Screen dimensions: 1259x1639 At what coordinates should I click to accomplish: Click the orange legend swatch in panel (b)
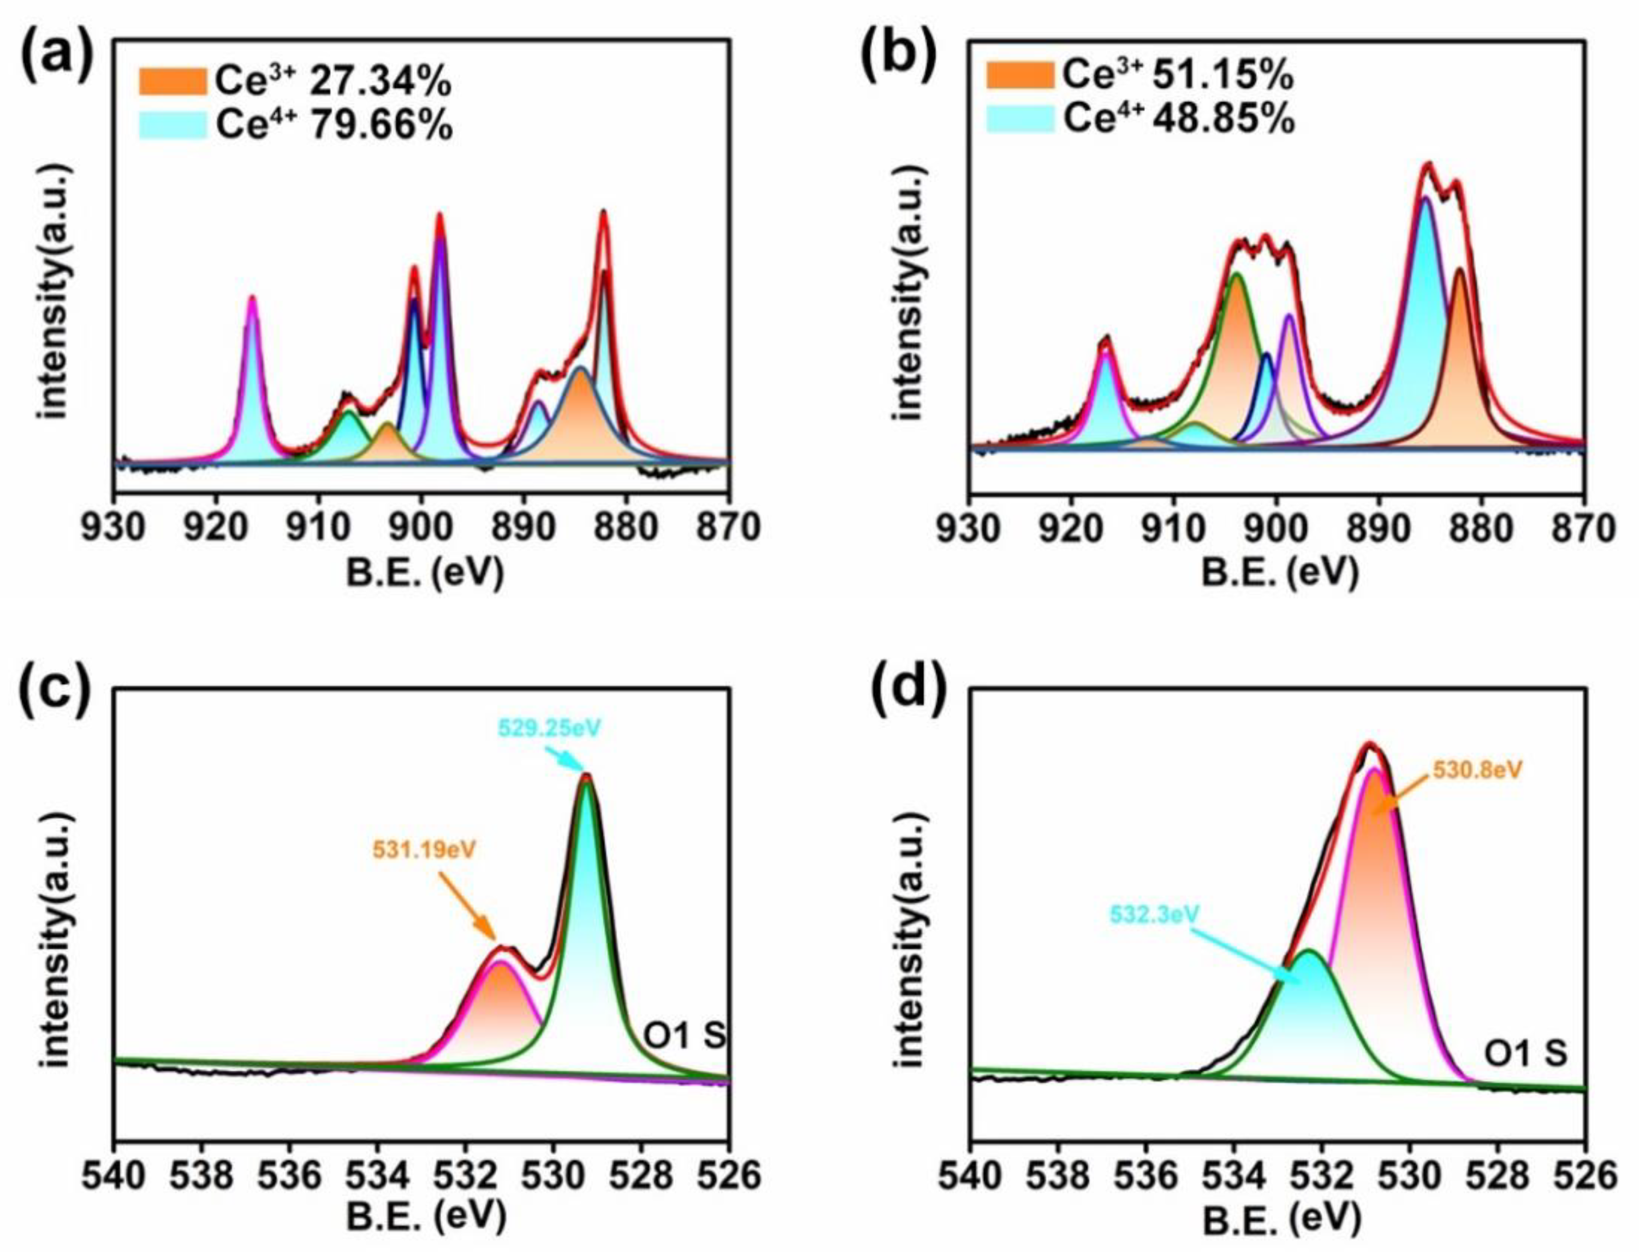pos(1019,75)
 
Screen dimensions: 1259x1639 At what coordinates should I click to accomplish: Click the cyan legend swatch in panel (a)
pos(173,125)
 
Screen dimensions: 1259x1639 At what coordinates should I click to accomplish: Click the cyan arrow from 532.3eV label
pos(1244,955)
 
